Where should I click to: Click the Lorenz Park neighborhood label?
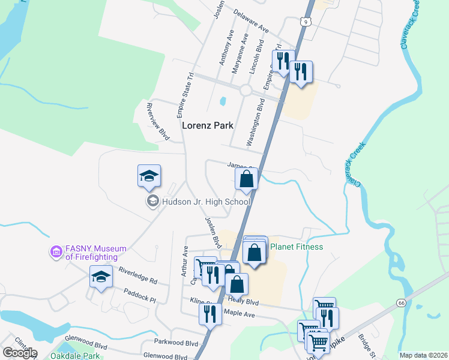tap(207, 125)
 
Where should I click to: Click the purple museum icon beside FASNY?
tap(56, 252)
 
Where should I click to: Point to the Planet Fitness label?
tap(297, 247)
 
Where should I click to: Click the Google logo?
tap(19, 353)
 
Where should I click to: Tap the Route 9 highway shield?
tap(306, 22)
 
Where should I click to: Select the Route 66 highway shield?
tap(401, 303)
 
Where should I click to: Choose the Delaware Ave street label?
tap(250, 24)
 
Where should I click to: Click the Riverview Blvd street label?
tap(158, 122)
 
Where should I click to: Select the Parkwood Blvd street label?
tap(175, 343)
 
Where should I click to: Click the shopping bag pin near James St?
tap(246, 178)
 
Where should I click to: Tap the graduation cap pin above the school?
tap(149, 176)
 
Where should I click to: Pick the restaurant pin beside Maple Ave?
tap(210, 314)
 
